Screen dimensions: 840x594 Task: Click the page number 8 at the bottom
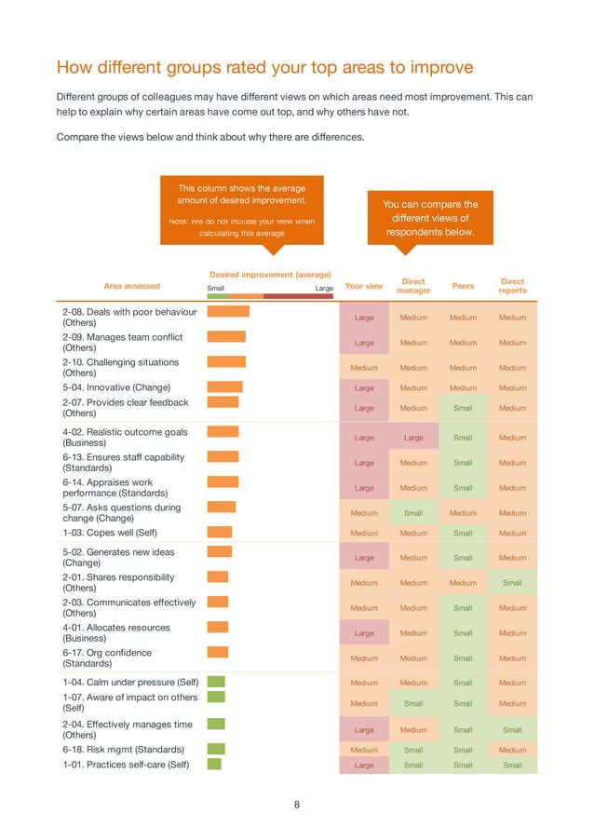pyautogui.click(x=297, y=806)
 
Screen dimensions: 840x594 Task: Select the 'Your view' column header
pyautogui.click(x=363, y=286)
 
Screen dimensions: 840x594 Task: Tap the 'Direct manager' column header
pyautogui.click(x=413, y=286)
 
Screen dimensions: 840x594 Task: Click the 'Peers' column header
pyautogui.click(x=463, y=286)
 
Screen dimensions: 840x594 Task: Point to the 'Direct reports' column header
pyautogui.click(x=512, y=286)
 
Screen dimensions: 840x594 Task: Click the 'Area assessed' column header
pyautogui.click(x=131, y=286)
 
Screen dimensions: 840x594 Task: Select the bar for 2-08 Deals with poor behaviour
pyautogui.click(x=228, y=312)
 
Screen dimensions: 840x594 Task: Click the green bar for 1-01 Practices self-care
pyautogui.click(x=214, y=765)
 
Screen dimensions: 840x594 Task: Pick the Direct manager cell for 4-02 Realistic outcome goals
pyautogui.click(x=413, y=438)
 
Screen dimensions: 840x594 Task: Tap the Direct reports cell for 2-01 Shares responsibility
pyautogui.click(x=512, y=583)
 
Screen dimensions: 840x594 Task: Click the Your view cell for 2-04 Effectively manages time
pyautogui.click(x=364, y=730)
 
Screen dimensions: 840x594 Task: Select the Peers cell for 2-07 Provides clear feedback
pyautogui.click(x=463, y=408)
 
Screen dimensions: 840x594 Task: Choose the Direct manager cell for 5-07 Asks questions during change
pyautogui.click(x=413, y=513)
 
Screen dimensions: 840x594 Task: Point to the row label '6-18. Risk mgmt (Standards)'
pyautogui.click(x=123, y=750)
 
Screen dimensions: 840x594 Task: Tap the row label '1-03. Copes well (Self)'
pyautogui.click(x=110, y=533)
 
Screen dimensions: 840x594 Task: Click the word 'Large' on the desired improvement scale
pyautogui.click(x=324, y=289)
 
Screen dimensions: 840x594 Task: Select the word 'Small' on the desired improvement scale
pyautogui.click(x=215, y=289)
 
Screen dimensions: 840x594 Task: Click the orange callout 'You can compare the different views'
pyautogui.click(x=430, y=218)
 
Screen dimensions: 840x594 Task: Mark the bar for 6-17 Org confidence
pyautogui.click(x=217, y=653)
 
